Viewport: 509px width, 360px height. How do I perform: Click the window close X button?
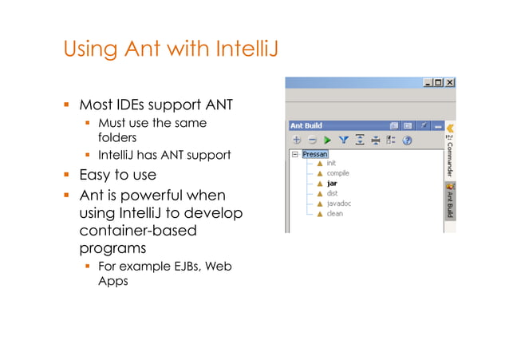point(450,82)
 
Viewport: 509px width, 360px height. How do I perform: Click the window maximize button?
point(439,82)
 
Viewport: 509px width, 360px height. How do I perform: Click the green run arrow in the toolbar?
point(327,140)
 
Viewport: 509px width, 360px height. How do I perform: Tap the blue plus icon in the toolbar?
point(296,140)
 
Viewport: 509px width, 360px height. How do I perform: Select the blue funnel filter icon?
point(344,140)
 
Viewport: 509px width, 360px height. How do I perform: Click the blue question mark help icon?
point(407,140)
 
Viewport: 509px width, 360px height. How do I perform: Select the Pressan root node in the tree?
point(315,153)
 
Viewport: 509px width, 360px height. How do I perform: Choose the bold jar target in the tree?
point(331,184)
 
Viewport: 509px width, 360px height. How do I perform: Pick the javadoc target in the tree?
point(338,204)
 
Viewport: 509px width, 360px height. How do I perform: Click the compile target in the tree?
point(338,173)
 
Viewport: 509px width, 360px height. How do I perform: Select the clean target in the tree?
point(334,214)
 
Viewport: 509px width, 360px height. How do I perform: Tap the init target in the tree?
point(331,164)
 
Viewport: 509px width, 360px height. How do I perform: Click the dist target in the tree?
point(332,193)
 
